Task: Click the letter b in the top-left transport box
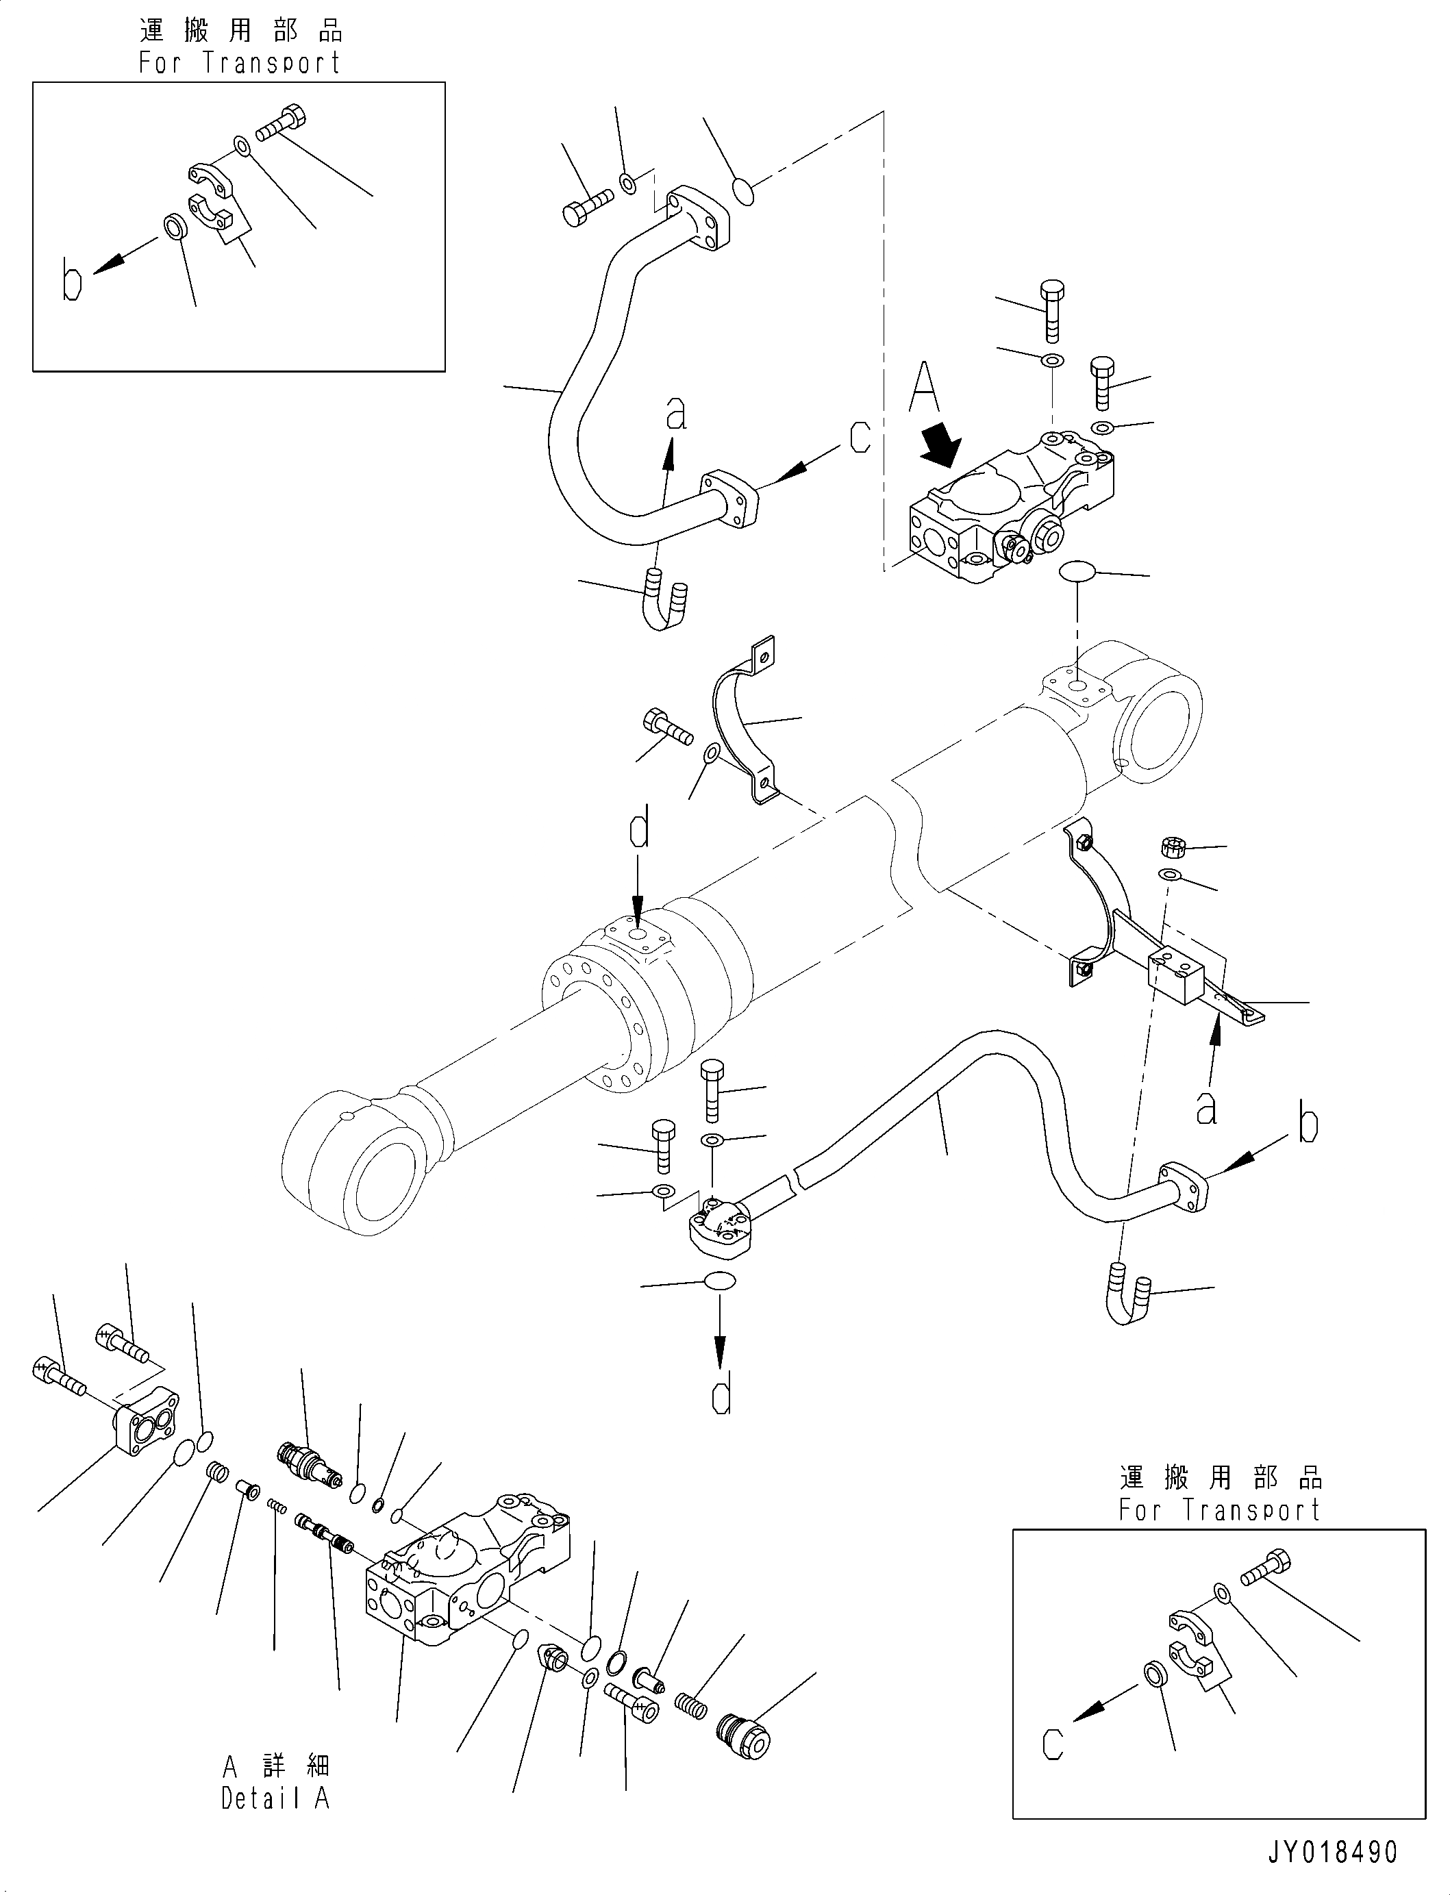[x=72, y=282]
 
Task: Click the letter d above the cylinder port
[x=638, y=830]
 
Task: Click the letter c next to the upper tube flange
[x=859, y=437]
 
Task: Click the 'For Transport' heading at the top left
[x=240, y=63]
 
